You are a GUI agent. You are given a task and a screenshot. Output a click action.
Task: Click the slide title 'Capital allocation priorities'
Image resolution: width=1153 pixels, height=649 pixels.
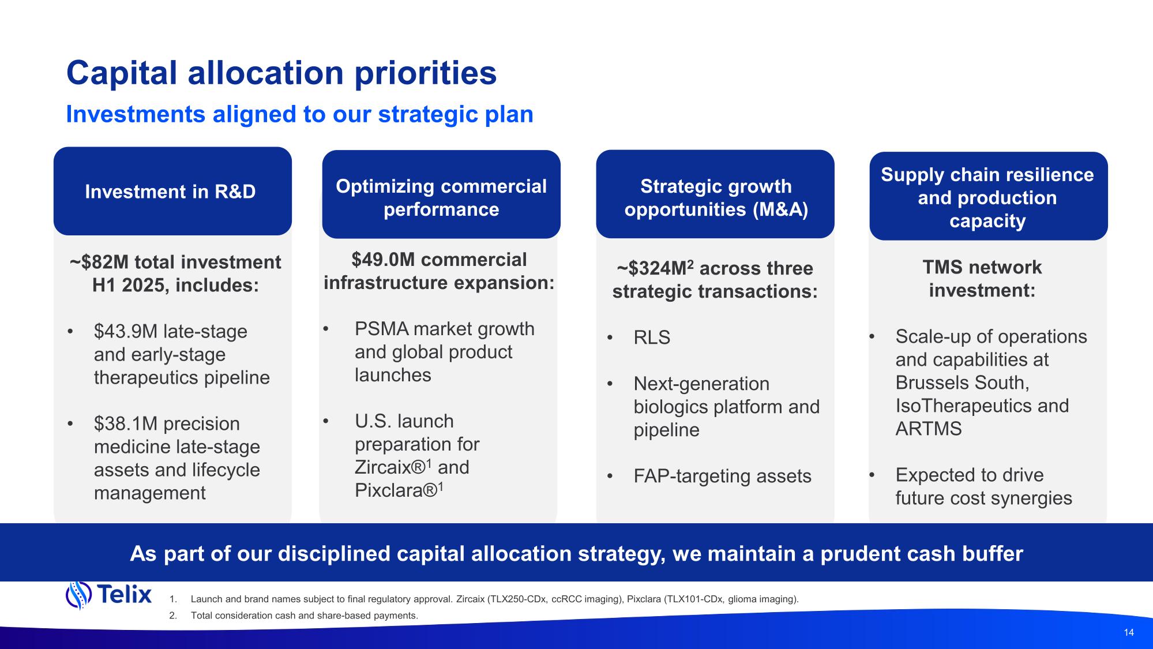coord(281,73)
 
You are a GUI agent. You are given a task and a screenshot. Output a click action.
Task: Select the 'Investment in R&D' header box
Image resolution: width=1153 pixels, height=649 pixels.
coord(172,191)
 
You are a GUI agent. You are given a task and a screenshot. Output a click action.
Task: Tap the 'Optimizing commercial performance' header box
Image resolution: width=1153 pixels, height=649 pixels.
coord(441,194)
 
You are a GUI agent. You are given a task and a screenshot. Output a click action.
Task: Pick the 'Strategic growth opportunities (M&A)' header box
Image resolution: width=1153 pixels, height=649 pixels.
coord(715,194)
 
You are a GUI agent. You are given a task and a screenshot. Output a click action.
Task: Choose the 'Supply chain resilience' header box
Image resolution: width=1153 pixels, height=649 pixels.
coord(989,196)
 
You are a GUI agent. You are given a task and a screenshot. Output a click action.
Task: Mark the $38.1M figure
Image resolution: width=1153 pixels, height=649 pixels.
coord(126,424)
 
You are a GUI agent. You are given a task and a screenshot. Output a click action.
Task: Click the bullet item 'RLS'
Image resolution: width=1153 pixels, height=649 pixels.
coord(652,337)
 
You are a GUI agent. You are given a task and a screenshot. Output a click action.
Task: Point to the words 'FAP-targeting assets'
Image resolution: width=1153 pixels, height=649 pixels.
coord(722,476)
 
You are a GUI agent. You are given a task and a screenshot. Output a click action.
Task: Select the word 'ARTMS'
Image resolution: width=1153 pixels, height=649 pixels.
coord(929,429)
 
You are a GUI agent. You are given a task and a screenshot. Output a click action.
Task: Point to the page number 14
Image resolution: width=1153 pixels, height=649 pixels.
coord(1129,632)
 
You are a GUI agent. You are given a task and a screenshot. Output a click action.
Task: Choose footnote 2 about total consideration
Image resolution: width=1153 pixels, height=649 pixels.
coord(294,616)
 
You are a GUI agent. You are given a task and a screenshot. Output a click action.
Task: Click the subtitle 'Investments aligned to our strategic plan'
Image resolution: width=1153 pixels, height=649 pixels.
coord(300,114)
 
